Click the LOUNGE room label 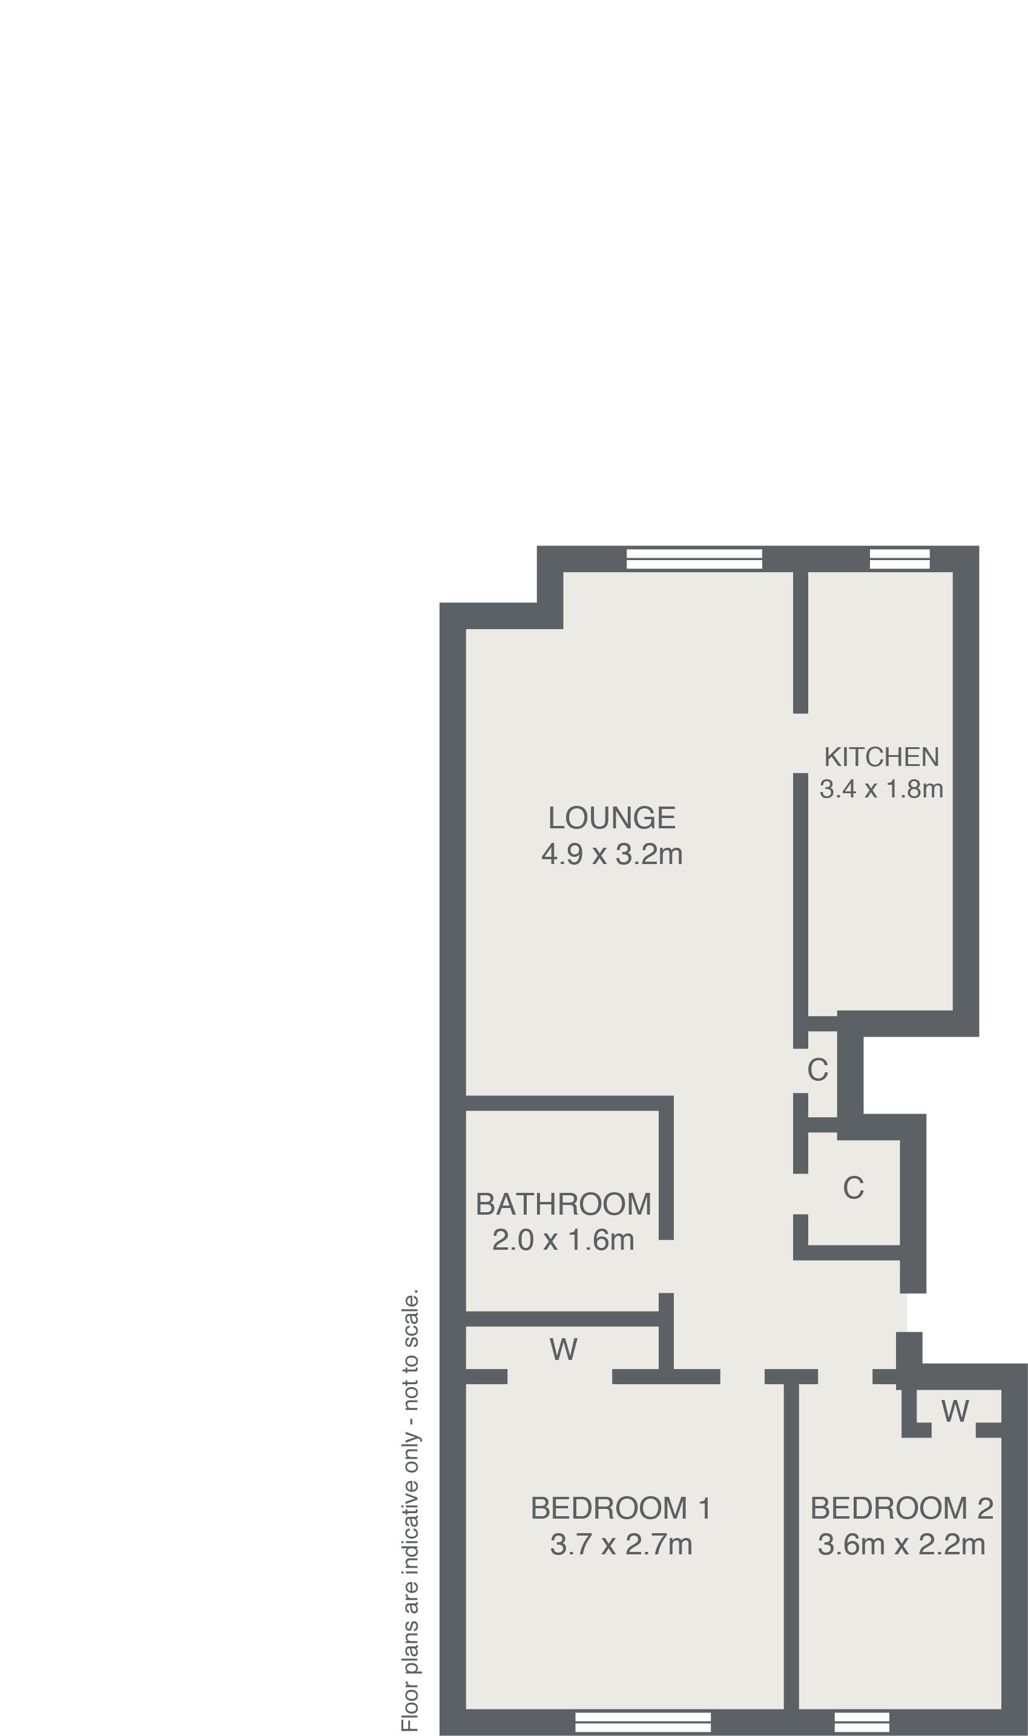coord(611,818)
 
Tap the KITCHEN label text coord(881,757)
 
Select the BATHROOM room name coord(563,1204)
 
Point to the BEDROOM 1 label coord(621,1508)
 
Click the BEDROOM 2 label coord(901,1508)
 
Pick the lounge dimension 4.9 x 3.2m coord(611,854)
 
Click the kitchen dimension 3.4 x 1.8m coord(881,789)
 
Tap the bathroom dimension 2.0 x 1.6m coord(563,1239)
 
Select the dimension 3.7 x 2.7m coord(621,1544)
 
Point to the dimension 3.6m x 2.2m coord(901,1544)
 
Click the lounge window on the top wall coord(694,559)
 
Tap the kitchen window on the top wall coord(899,559)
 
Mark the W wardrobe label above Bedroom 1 coord(563,1348)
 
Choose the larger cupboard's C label coord(853,1188)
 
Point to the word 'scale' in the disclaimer coord(410,1312)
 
